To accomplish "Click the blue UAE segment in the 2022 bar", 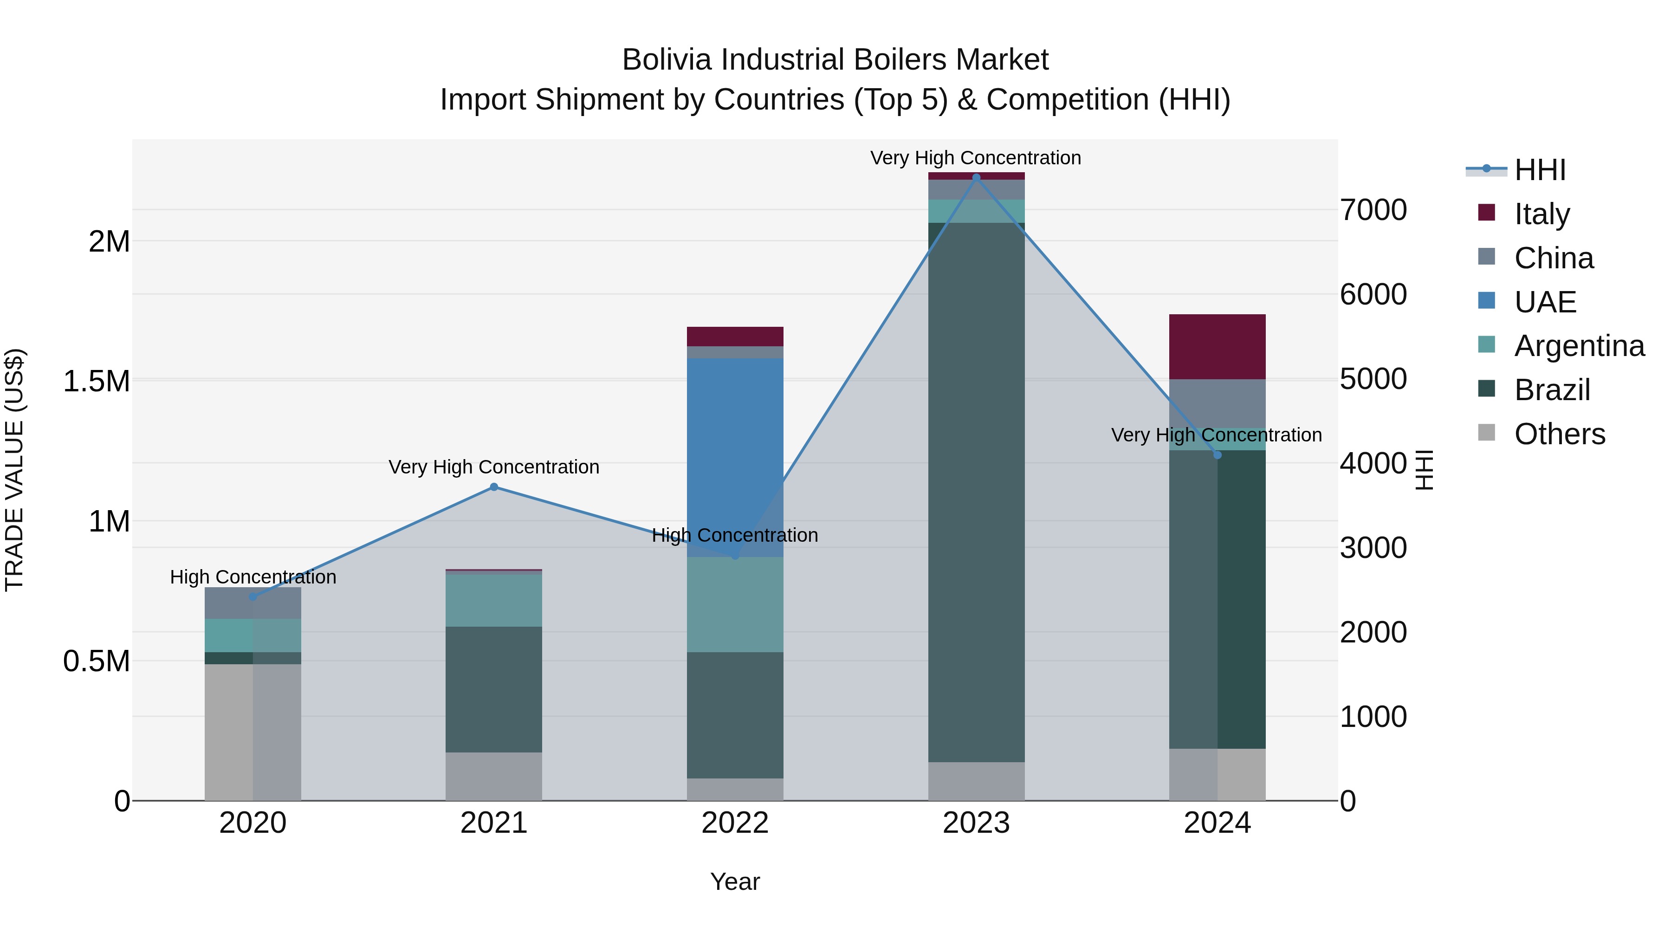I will point(735,454).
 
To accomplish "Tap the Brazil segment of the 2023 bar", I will point(976,493).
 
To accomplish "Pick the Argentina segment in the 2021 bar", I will point(494,600).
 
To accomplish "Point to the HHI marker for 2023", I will point(976,177).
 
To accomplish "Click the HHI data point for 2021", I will point(494,486).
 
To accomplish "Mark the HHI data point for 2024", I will point(1217,455).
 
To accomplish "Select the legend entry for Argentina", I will point(1579,346).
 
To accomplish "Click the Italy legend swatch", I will point(1486,212).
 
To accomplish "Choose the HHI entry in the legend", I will point(1539,170).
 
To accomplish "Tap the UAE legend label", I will point(1545,302).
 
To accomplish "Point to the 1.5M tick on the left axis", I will point(96,381).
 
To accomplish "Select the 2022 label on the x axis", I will point(735,823).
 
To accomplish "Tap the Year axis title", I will point(735,882).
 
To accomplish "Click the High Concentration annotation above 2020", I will point(253,577).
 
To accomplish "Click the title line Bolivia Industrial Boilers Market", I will point(835,60).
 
